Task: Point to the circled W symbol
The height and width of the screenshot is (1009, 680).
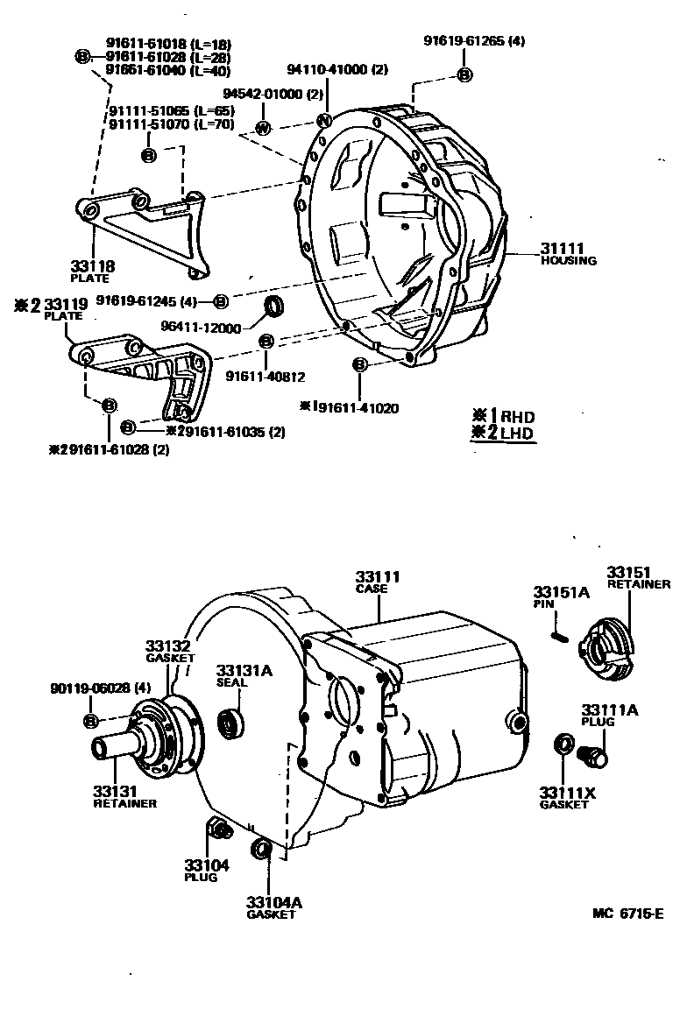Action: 262,128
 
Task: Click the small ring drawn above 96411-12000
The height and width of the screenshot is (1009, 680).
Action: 275,306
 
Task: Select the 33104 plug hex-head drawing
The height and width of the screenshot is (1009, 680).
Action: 218,826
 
